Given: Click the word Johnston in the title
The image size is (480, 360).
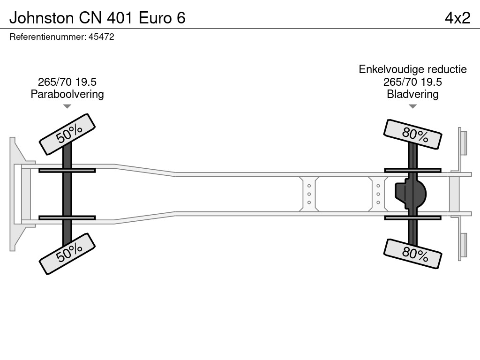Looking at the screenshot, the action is pos(42,18).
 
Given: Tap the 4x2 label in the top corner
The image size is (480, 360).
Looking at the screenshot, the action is pos(457,18).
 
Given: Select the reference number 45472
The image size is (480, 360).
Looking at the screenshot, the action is pos(101,37).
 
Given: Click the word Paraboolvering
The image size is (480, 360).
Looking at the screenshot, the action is pos(67,94).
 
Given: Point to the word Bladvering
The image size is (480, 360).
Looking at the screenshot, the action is pos(412,94).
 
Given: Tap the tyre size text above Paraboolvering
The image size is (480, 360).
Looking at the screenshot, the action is pos(67,82).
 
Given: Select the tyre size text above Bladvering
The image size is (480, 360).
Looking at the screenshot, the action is pos(412,82).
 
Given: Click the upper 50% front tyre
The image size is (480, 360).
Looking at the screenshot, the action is pos(67,135).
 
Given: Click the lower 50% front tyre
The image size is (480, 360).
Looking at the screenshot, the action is pos(67,254).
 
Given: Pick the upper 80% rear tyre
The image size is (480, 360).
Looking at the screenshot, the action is pos(412,135).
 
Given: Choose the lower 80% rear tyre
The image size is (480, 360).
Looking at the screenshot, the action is pos(412,254).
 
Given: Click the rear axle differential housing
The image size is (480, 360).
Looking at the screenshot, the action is pos(411,194).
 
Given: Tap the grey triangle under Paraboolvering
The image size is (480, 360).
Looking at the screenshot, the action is pos(67,106).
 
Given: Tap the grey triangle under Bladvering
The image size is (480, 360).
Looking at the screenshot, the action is pos(412,106).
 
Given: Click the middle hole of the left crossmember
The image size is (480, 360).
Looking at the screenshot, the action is pos(309,194).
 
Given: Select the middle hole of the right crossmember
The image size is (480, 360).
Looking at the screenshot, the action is pos(378,194).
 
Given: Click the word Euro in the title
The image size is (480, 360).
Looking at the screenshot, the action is pos(155,18).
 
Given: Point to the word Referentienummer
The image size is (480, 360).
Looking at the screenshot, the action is pos(48,37).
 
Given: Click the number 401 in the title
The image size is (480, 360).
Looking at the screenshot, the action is pos(120,18).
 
